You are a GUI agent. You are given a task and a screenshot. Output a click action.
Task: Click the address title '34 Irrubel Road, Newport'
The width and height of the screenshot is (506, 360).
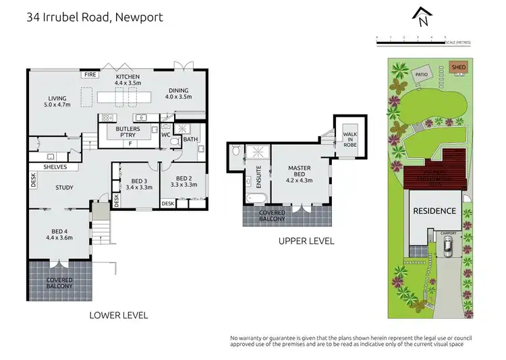coord(94,17)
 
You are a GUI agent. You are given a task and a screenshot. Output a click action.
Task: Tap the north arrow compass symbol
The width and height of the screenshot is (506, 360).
coord(423,18)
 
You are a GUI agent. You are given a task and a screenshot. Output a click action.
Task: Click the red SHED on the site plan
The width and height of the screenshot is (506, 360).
coord(458,67)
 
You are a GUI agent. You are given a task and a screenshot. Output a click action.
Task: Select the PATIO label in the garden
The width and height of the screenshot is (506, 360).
coord(422,75)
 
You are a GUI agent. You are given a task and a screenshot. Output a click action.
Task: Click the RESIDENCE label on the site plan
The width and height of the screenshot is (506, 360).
coord(434,211)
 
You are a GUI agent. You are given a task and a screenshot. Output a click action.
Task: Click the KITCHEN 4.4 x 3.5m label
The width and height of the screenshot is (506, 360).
coord(128,80)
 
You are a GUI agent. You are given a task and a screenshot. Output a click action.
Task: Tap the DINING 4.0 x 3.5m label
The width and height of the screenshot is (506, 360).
coord(179,94)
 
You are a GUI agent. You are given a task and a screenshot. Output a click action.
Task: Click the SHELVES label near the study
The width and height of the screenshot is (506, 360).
coord(55,167)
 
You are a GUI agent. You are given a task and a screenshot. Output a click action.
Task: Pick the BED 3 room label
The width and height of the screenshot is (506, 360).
coord(139,184)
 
